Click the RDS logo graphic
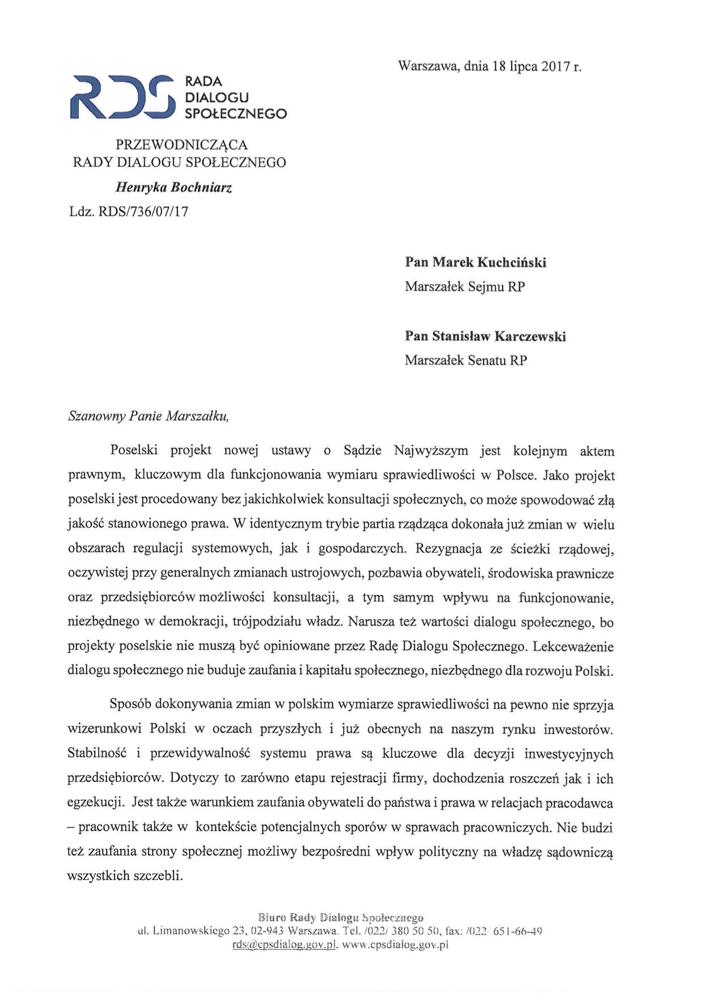tap(120, 97)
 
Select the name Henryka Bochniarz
tap(174, 187)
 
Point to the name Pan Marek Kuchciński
tap(475, 262)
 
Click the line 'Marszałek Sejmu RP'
tap(464, 287)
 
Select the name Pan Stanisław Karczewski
tap(485, 336)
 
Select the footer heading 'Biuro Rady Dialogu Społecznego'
tap(340, 917)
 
